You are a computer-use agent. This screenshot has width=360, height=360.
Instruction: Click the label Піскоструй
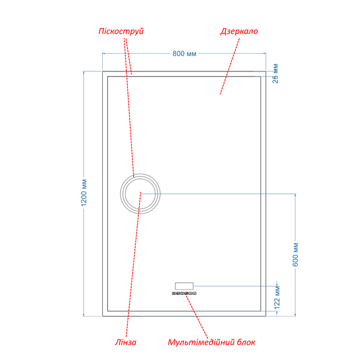coord(121,31)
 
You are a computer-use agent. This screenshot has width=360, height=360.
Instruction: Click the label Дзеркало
coord(239,31)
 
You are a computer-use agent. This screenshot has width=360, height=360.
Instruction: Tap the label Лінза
coord(126,342)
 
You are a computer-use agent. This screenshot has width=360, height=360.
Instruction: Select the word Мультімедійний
coord(200,342)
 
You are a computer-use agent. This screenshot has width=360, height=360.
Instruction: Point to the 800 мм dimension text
coord(185,54)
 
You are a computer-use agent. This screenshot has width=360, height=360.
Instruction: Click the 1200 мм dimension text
coord(84,193)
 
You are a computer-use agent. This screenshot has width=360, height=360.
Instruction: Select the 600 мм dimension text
coord(295,255)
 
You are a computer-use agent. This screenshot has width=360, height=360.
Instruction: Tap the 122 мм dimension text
coord(277,298)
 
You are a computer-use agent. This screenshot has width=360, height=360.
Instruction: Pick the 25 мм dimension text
coord(275,74)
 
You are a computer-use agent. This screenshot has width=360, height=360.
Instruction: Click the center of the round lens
coord(140,194)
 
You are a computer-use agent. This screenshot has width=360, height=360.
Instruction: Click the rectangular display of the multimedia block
coord(184,286)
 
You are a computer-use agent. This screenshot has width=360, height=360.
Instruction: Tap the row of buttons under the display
coord(184,293)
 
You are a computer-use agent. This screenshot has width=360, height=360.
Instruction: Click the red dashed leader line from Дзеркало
coord(230,66)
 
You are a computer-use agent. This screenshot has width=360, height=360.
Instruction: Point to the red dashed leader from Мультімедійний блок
coord(197,317)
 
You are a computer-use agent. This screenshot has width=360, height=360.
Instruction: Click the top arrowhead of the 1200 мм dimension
coord(84,73)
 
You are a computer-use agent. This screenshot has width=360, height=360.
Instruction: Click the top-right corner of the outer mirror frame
coord(266,71)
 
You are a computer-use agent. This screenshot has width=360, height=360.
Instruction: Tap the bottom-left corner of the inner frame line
coord(107,311)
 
